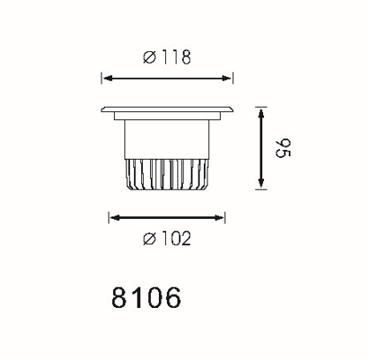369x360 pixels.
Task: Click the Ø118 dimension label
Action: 167,57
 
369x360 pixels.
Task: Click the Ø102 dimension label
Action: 167,238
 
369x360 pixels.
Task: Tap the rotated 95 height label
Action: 282,148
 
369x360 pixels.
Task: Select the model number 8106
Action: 146,297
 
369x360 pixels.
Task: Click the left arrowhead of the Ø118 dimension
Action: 108,79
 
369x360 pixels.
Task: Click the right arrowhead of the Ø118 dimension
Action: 227,79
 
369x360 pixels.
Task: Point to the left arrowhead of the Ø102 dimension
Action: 115,218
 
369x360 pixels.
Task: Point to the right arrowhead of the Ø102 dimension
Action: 219,218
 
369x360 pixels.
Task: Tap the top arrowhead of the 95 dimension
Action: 261,113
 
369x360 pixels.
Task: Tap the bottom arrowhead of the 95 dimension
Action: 261,184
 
